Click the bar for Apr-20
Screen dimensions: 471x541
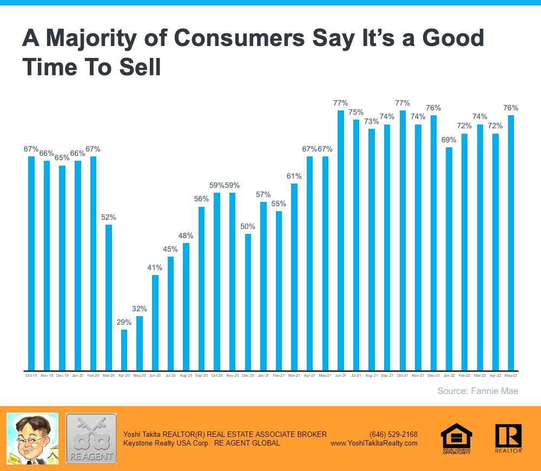click(x=124, y=350)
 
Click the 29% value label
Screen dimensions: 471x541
click(x=124, y=322)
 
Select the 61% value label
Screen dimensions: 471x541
click(x=294, y=176)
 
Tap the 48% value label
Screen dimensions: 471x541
click(x=186, y=235)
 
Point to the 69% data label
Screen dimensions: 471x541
click(x=448, y=140)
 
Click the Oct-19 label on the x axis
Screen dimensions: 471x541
click(x=31, y=375)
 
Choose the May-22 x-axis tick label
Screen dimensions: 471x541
click(x=511, y=375)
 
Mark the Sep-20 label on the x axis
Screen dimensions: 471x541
click(x=201, y=375)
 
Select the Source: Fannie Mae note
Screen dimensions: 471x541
click(x=478, y=391)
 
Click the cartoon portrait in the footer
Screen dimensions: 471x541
click(x=32, y=438)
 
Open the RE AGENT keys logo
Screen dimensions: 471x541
click(x=91, y=438)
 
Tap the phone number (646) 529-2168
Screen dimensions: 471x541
click(x=393, y=434)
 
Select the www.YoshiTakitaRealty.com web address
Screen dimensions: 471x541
click(x=374, y=443)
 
